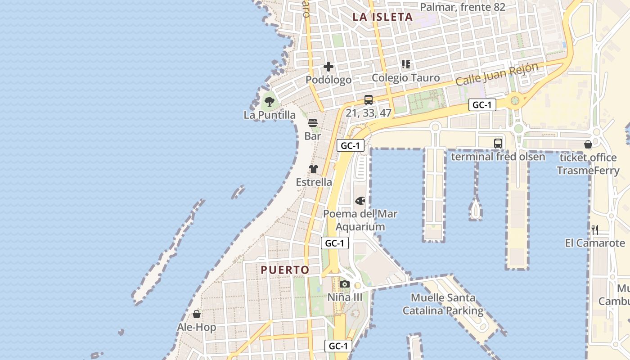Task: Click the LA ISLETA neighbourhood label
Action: coord(382,17)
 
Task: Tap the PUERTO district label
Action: coord(285,270)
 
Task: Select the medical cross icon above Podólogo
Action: coord(328,67)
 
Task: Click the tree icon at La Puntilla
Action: coord(270,101)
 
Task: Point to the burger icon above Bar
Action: coord(313,122)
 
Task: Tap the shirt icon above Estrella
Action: coord(314,169)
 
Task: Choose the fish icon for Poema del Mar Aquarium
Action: coord(360,201)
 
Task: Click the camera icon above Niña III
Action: coord(345,284)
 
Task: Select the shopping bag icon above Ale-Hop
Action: coord(197,314)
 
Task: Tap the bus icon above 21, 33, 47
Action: coord(368,99)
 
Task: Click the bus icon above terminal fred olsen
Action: coord(498,144)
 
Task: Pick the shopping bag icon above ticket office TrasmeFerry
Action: coord(588,144)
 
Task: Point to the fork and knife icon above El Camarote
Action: coord(595,230)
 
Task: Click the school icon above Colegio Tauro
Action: coord(406,64)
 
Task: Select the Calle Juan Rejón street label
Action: coord(497,75)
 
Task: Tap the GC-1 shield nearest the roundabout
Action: coord(482,105)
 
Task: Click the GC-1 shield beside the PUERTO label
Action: coord(335,243)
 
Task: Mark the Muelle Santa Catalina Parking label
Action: coord(443,304)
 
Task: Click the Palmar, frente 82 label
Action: coord(463,7)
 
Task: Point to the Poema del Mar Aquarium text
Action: coord(360,220)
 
